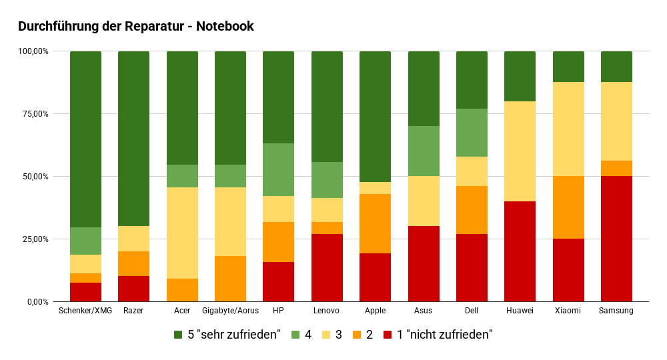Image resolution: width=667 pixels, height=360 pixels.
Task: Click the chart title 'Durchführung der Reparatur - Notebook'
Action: (135, 27)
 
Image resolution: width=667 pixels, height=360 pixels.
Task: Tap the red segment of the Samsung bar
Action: (616, 239)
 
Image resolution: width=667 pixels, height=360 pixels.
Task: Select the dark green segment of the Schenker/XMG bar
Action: (85, 139)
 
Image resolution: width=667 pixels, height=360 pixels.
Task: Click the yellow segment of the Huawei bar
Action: (520, 151)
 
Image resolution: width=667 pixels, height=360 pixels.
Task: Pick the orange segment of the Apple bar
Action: (375, 223)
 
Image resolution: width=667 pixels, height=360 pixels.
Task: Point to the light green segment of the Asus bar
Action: (423, 151)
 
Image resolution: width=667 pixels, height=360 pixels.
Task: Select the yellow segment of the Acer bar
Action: (182, 233)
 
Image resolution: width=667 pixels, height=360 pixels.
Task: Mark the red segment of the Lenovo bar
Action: (327, 267)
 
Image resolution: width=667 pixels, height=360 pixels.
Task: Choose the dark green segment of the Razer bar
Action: (133, 139)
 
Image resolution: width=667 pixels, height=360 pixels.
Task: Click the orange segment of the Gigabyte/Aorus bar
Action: (230, 279)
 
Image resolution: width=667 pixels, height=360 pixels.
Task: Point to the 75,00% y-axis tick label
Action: (33, 114)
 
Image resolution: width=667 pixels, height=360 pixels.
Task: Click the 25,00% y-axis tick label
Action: (33, 239)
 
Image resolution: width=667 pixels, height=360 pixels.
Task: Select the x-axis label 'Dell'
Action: (472, 311)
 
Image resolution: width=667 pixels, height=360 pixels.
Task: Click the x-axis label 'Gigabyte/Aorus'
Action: (230, 311)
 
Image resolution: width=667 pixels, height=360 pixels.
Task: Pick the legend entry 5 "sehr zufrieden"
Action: (227, 335)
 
